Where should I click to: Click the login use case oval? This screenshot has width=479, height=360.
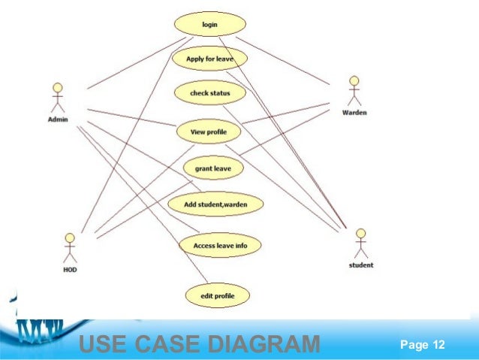tap(209, 24)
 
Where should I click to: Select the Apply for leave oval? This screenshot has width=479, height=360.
tap(209, 58)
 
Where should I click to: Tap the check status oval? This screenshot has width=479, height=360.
tap(209, 93)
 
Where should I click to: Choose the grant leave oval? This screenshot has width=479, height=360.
tap(212, 168)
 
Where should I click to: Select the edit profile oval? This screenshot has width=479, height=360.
tap(217, 295)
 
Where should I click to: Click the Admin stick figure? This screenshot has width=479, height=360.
tap(57, 96)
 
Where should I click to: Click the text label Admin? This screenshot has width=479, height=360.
tap(58, 119)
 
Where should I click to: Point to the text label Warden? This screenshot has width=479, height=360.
tap(354, 113)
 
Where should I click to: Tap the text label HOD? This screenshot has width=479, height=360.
tap(70, 269)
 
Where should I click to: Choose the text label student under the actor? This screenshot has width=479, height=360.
tap(361, 265)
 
